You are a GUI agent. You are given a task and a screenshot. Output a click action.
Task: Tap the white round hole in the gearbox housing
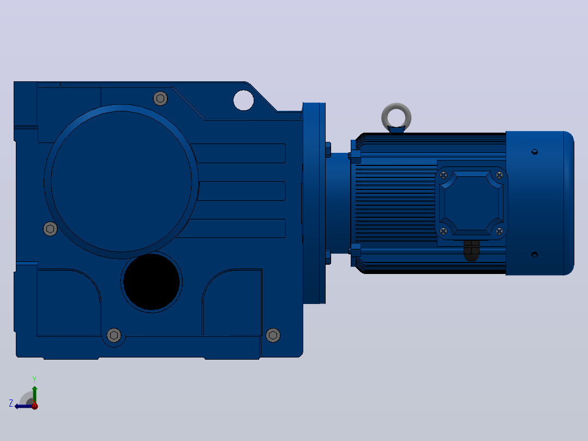243,100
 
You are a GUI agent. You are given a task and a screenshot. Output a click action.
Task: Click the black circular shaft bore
152,282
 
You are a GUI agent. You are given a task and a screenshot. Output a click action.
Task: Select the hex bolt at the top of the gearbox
160,98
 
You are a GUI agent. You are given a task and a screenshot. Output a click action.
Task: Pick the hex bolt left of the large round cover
50,229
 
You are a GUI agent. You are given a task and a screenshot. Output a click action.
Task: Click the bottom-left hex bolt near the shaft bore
114,335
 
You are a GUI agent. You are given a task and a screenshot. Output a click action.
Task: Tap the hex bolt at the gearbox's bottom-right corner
273,335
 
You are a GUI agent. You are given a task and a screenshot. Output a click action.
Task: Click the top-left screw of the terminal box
443,175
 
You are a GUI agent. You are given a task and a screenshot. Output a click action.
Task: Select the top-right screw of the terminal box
499,175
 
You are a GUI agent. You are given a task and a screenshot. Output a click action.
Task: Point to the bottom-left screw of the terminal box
443,231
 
